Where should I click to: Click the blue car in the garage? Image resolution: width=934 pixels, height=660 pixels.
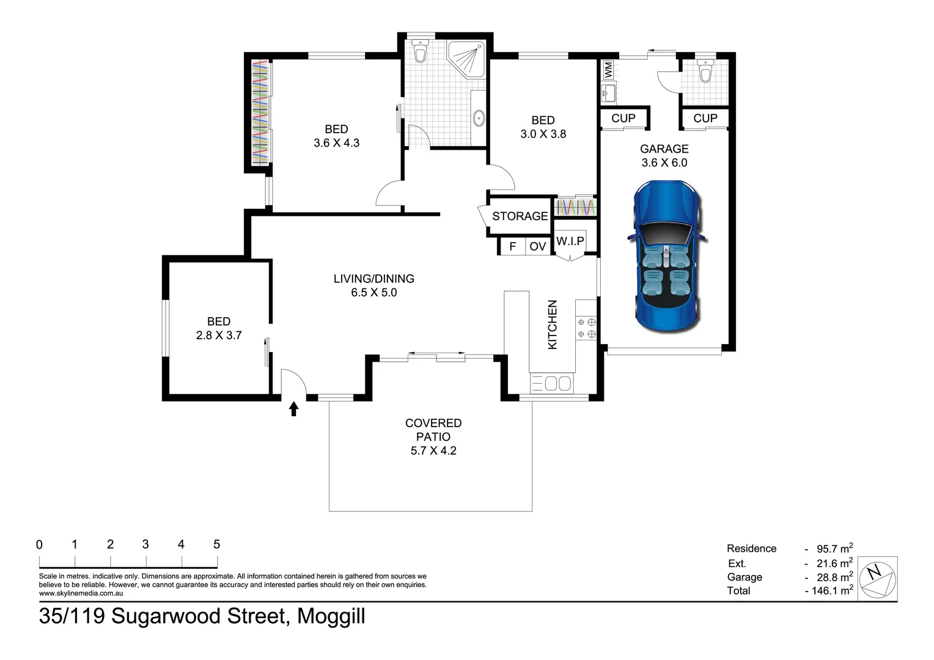pyautogui.click(x=667, y=256)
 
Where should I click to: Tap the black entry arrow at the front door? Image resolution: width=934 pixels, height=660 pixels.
pyautogui.click(x=293, y=409)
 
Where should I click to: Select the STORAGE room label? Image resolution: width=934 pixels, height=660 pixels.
pyautogui.click(x=520, y=216)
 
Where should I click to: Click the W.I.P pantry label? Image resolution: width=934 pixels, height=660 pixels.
pyautogui.click(x=570, y=241)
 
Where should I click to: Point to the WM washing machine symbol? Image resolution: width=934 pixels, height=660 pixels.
pyautogui.click(x=608, y=70)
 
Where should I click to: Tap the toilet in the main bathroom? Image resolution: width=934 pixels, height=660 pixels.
pyautogui.click(x=420, y=51)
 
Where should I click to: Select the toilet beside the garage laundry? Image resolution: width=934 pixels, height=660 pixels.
pyautogui.click(x=705, y=70)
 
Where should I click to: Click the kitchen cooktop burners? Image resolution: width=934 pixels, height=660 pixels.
pyautogui.click(x=586, y=328)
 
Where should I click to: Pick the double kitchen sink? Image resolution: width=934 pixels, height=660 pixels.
pyautogui.click(x=551, y=383)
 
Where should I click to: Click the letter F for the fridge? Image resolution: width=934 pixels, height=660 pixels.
pyautogui.click(x=512, y=246)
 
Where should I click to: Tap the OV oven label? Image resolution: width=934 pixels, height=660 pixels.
pyautogui.click(x=537, y=246)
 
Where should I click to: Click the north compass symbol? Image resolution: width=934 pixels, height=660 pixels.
pyautogui.click(x=878, y=579)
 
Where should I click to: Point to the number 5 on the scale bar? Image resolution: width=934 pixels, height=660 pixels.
pyautogui.click(x=216, y=544)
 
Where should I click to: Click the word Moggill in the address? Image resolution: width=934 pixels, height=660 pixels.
pyautogui.click(x=331, y=617)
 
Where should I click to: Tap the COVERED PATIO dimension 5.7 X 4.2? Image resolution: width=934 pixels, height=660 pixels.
pyautogui.click(x=433, y=451)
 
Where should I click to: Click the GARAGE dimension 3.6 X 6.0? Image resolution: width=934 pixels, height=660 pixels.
pyautogui.click(x=664, y=163)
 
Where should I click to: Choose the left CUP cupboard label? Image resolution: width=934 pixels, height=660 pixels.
pyautogui.click(x=623, y=119)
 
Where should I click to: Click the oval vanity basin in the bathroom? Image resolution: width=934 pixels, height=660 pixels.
pyautogui.click(x=479, y=118)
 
